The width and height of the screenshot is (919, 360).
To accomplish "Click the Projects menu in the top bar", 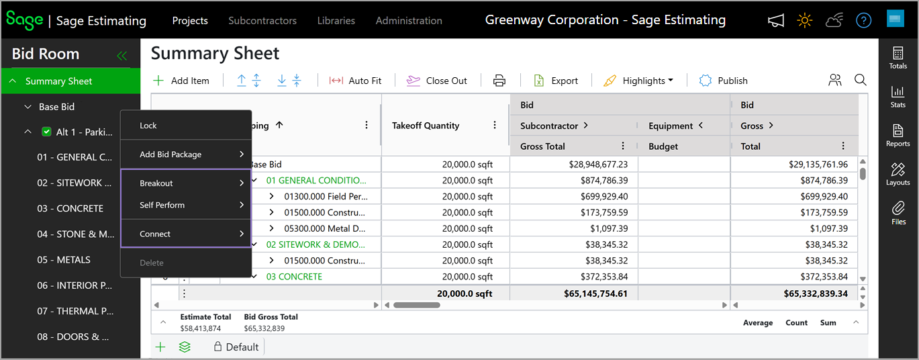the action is coord(190,21).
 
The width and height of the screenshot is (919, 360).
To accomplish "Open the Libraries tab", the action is coord(336,21).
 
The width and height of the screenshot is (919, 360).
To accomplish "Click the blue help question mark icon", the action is coord(863,20).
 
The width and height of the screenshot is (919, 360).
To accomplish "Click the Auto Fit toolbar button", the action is coord(355,81).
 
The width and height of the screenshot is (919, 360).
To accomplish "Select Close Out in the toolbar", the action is coord(436,81).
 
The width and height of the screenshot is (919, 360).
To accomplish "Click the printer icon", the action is coord(499,81).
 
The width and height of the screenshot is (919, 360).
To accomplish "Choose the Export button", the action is coord(556,81).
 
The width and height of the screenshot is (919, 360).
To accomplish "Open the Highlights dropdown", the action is coord(638,81).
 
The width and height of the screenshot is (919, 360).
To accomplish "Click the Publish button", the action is coord(723,81).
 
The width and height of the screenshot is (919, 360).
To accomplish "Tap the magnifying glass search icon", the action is coord(861,80).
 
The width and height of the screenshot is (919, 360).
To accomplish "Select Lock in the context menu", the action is coord(148,126).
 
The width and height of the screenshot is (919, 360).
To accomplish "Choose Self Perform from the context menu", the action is coord(162,205).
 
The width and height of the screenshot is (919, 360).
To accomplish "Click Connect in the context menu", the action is coord(154,234).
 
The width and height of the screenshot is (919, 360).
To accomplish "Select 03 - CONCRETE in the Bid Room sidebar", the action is coord(70,208).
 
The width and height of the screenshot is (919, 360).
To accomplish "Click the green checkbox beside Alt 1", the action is coord(46,132).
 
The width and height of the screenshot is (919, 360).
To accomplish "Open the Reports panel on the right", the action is coord(898,136).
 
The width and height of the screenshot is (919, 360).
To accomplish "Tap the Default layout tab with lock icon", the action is coord(236,347).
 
